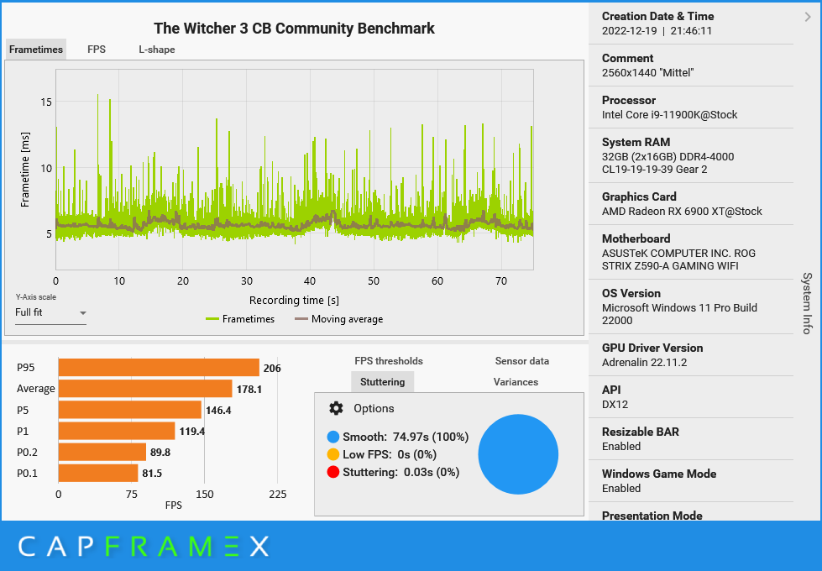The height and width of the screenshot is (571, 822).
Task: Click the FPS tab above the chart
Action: click(x=97, y=50)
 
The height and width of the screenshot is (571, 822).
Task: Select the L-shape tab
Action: click(x=157, y=50)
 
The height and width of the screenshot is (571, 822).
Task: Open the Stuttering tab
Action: click(x=382, y=382)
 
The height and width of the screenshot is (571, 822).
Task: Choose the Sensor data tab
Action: click(x=521, y=361)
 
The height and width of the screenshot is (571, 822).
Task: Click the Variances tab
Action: click(x=516, y=382)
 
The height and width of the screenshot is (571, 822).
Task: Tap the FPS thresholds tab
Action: click(x=389, y=361)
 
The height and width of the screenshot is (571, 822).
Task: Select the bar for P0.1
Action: click(x=97, y=473)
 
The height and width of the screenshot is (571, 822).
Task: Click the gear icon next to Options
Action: click(x=336, y=408)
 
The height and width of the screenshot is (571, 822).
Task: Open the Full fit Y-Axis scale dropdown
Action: click(x=51, y=313)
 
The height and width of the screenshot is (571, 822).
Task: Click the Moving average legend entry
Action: click(x=338, y=319)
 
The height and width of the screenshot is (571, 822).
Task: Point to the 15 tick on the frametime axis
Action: click(x=46, y=102)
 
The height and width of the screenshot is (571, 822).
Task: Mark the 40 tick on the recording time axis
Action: click(x=310, y=281)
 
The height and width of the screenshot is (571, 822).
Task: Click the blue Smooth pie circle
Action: click(x=518, y=453)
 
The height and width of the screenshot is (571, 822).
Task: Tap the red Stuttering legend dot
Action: click(x=333, y=472)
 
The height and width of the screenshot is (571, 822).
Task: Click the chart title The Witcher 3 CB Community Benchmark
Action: click(x=294, y=29)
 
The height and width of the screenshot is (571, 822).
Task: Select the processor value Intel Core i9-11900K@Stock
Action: click(x=669, y=115)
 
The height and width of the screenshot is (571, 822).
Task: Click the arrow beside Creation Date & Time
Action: click(x=807, y=17)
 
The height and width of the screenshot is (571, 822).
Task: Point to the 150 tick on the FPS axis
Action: click(x=205, y=494)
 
